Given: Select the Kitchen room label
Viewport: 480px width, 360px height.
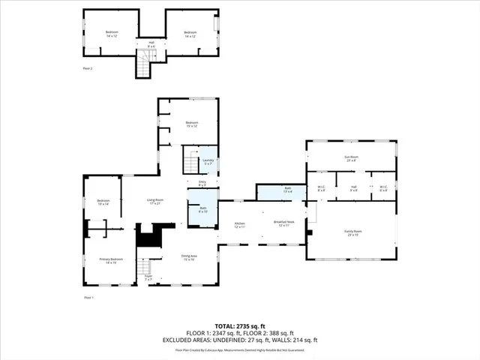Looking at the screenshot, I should (x=241, y=224).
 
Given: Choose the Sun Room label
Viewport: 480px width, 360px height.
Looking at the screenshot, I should (x=350, y=158).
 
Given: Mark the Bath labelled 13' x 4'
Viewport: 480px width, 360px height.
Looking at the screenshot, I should (x=287, y=190).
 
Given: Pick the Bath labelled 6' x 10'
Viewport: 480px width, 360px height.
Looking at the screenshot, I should (x=202, y=209).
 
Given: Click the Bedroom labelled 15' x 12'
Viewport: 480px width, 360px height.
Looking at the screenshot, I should (x=191, y=124).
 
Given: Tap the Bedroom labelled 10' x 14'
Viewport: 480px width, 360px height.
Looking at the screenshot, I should (x=103, y=202).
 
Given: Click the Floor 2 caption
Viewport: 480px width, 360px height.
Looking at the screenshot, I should (x=88, y=68).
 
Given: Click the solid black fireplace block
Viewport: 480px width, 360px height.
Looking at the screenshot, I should (x=148, y=239).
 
